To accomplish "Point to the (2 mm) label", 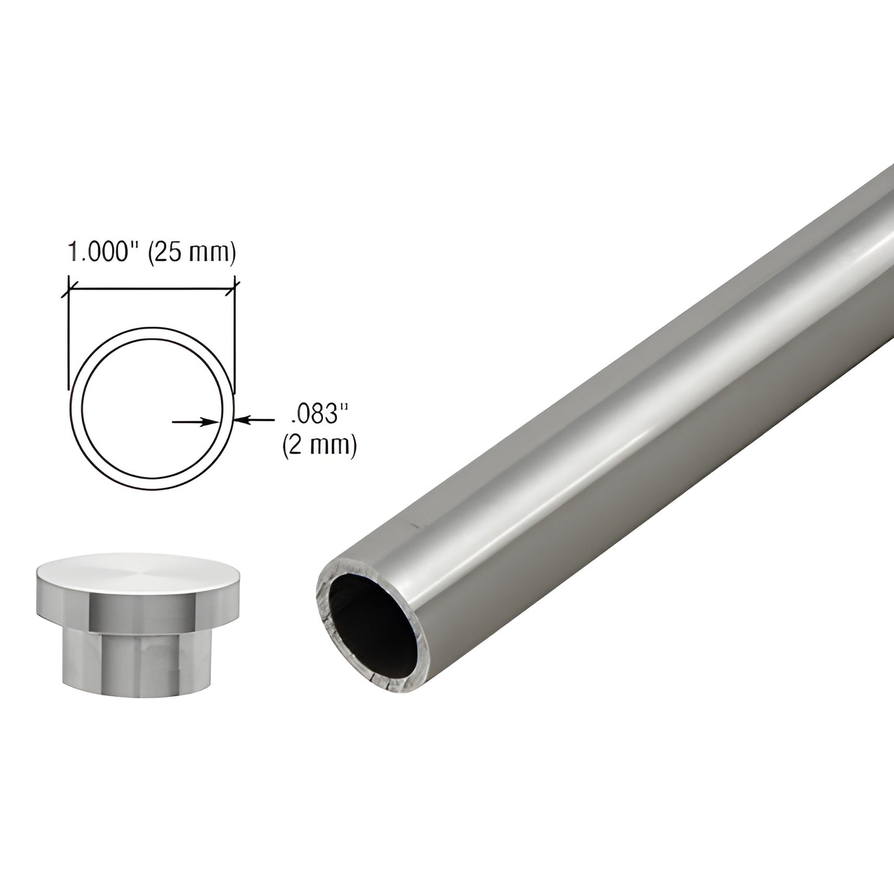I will click(319, 445).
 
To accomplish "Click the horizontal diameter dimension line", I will click(152, 288).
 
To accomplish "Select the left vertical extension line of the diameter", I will click(68, 340).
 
